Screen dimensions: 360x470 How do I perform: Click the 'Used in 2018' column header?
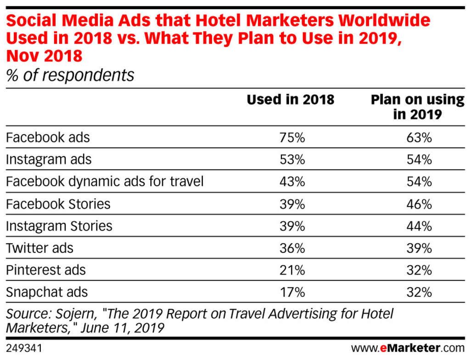coord(291,100)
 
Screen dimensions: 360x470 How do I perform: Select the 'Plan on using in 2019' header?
coord(417,107)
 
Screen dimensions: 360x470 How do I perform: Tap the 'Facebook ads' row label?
coord(48,137)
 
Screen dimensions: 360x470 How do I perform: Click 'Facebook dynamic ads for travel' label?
coord(105,181)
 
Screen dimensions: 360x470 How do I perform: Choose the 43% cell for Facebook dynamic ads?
coord(292,181)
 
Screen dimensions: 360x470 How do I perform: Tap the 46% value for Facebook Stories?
coord(419,203)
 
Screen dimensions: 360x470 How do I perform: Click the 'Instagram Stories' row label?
coord(59,225)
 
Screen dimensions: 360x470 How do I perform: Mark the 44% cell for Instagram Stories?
coord(419,225)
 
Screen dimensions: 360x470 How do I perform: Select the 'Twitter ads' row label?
coord(39,248)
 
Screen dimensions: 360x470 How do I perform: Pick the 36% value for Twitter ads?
coord(292,248)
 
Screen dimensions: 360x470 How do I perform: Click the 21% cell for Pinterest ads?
coord(292,270)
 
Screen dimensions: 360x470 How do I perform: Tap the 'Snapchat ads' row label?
coord(46,292)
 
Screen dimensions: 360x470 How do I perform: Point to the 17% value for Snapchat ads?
coord(292,292)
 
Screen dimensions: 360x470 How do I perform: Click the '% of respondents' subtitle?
coord(70,75)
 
